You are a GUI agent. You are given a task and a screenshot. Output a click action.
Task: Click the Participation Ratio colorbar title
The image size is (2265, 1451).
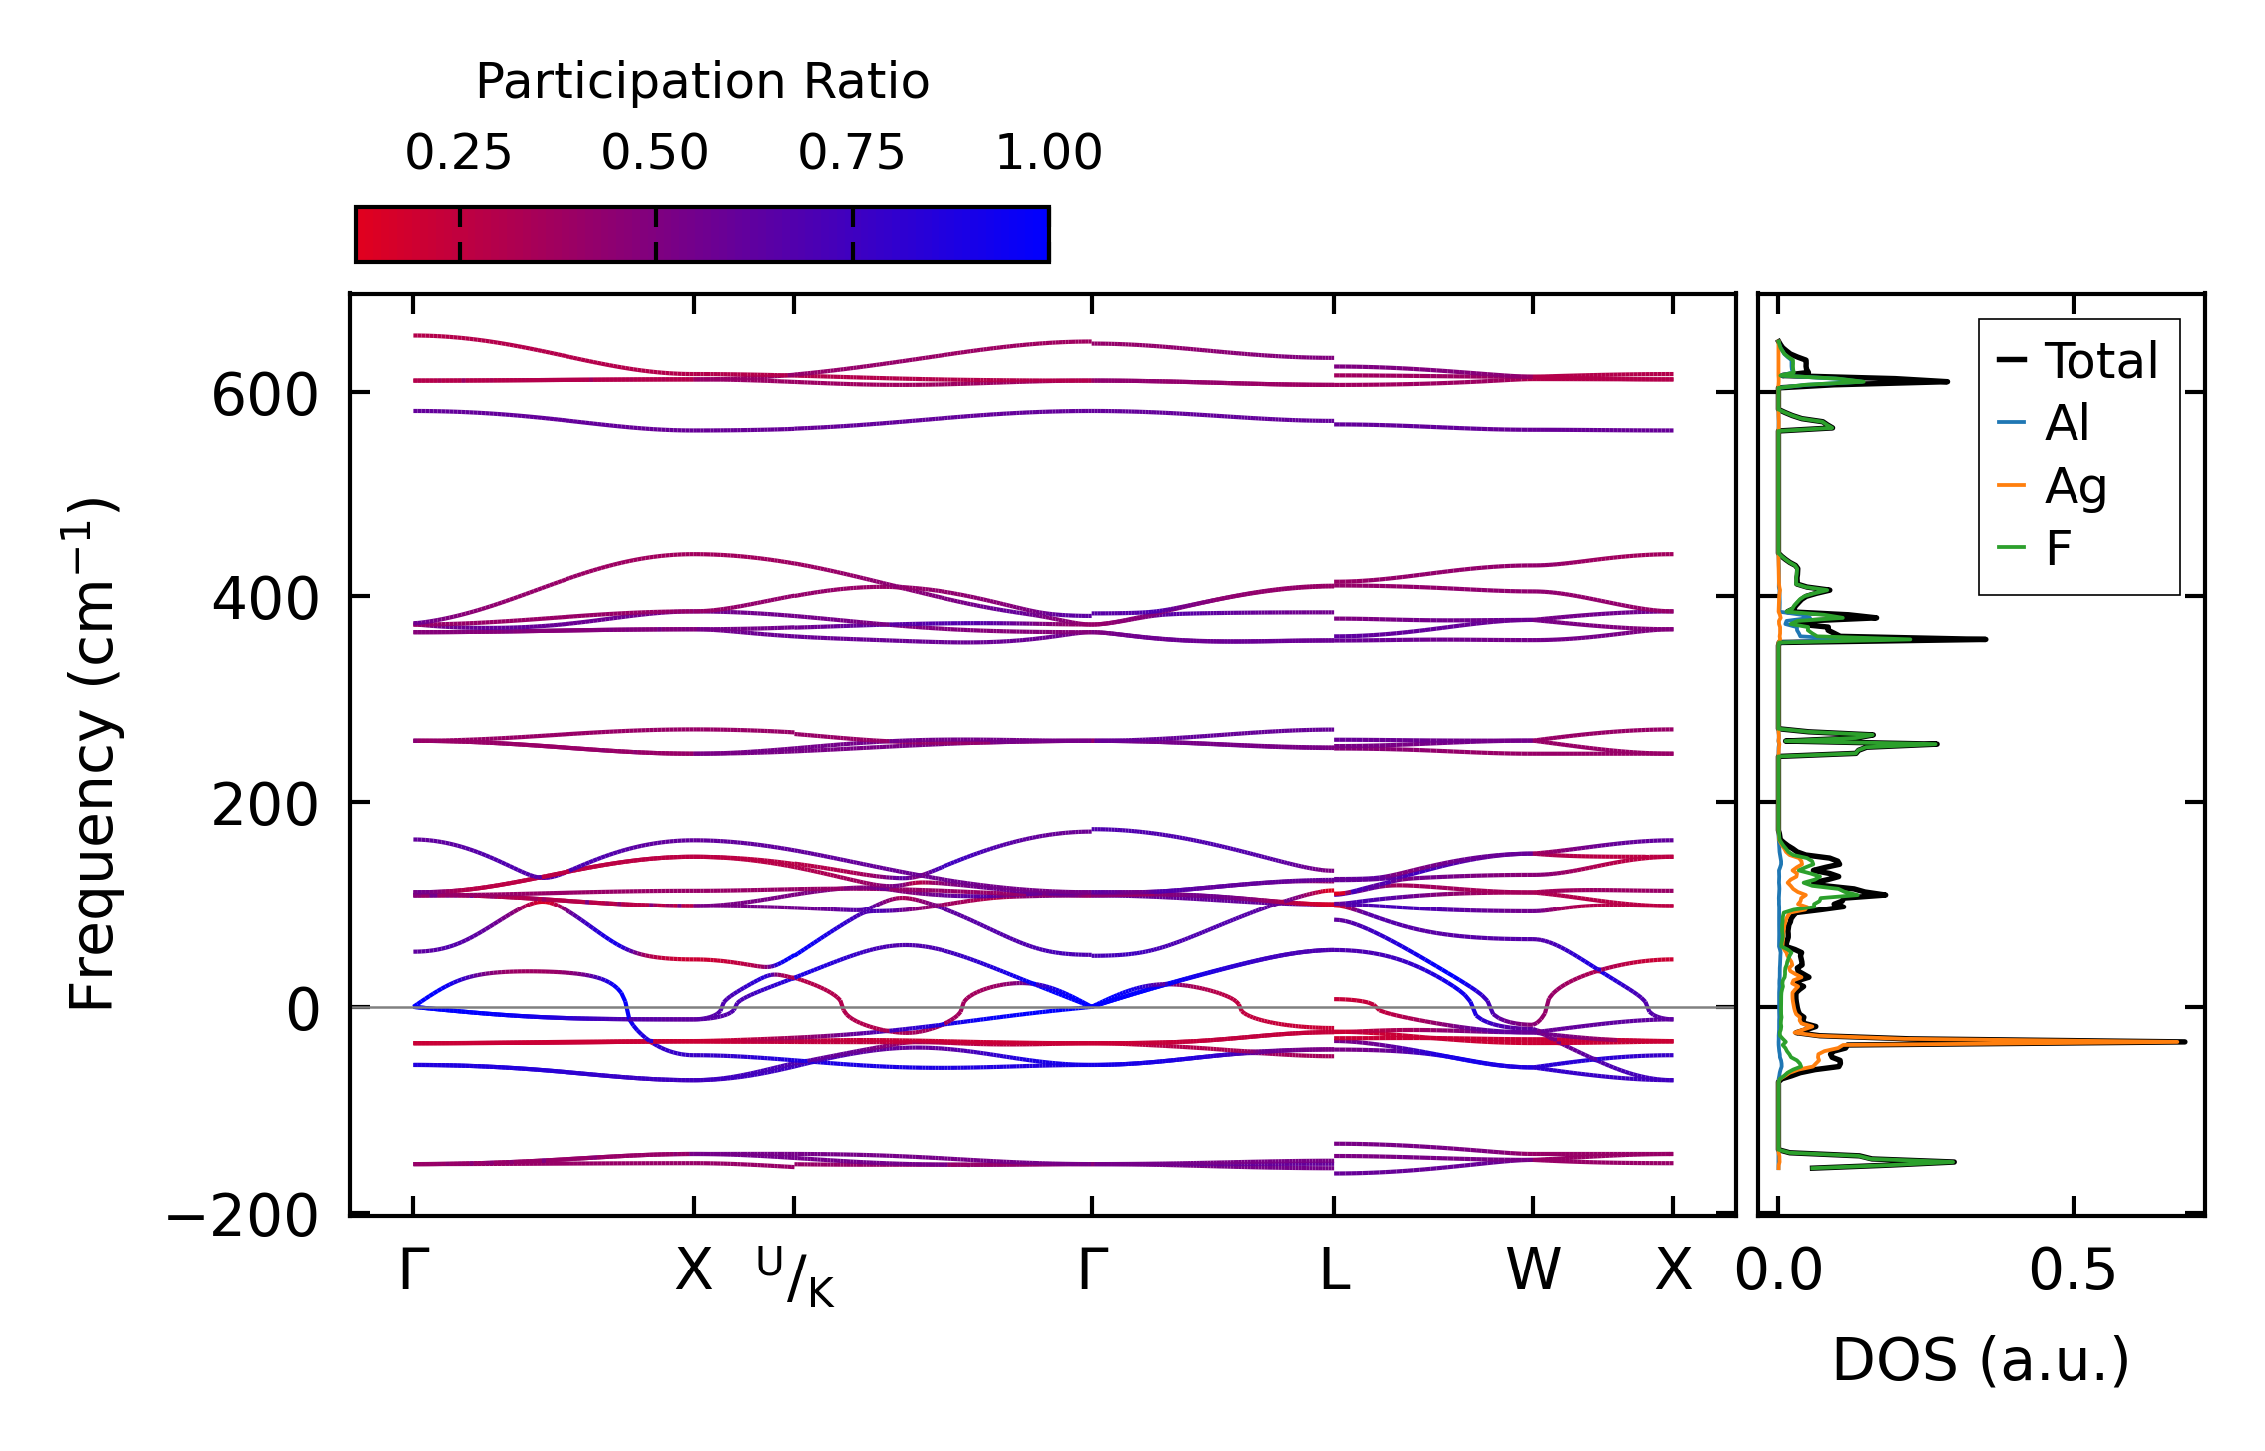coord(702,82)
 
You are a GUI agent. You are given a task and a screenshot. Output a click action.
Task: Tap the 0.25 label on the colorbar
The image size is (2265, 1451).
coord(458,153)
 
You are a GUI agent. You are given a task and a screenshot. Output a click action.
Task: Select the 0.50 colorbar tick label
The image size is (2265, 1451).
coord(654,153)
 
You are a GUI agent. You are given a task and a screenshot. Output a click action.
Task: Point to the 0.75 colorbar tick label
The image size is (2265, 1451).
coord(851,153)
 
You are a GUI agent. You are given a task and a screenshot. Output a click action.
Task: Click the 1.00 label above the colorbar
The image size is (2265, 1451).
coord(1048,153)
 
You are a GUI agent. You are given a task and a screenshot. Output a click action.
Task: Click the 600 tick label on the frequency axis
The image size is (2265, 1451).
coord(264,395)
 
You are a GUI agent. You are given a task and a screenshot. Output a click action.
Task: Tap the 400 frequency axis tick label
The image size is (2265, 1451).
coord(264,599)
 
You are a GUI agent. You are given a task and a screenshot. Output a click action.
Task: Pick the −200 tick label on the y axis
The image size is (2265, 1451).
coord(242,1216)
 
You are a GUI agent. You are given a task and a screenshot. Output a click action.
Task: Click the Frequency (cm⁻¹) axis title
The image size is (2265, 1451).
coord(92,754)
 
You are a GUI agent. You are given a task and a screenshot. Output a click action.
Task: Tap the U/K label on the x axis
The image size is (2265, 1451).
coord(794,1275)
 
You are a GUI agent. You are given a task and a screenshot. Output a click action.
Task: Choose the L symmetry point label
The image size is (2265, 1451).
coord(1334,1271)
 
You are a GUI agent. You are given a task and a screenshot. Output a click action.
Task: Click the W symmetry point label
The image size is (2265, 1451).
coord(1532,1271)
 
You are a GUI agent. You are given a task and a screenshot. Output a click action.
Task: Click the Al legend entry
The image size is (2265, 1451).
coord(2067,424)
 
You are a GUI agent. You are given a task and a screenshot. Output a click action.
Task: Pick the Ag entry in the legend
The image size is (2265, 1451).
coord(2076,487)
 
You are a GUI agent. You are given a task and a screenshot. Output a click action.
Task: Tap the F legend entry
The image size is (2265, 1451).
coord(2059,548)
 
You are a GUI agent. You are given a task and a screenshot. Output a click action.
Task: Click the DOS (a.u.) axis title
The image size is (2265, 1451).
coord(1981,1360)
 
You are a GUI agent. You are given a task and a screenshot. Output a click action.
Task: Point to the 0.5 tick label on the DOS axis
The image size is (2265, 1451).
coord(2073,1271)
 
